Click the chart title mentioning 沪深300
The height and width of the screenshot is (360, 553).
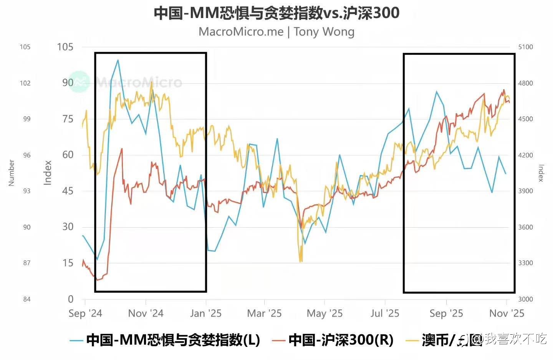coord(276,13)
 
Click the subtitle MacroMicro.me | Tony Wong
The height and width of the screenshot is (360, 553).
coord(276,31)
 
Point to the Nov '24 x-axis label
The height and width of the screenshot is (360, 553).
coord(146,314)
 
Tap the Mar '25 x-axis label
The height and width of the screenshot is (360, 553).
coord(264,314)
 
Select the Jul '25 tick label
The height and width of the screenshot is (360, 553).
coord(385,314)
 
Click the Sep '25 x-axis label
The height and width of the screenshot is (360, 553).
coord(446,314)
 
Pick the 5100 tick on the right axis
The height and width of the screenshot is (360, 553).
coord(526,47)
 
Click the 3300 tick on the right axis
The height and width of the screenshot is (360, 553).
coord(526,263)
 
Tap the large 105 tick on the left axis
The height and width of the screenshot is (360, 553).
coord(65,47)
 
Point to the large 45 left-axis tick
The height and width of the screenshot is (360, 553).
coord(68,191)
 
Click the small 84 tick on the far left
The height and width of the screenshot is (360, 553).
coord(26,299)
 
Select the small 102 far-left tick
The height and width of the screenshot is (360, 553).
coord(25,83)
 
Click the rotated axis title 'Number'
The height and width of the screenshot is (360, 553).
coord(11,173)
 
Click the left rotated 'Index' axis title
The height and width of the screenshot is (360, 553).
coord(47,173)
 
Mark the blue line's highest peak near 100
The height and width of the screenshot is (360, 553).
coord(118,60)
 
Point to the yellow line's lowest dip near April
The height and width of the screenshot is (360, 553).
coord(300,261)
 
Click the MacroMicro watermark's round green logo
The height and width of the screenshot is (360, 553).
coord(79,82)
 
